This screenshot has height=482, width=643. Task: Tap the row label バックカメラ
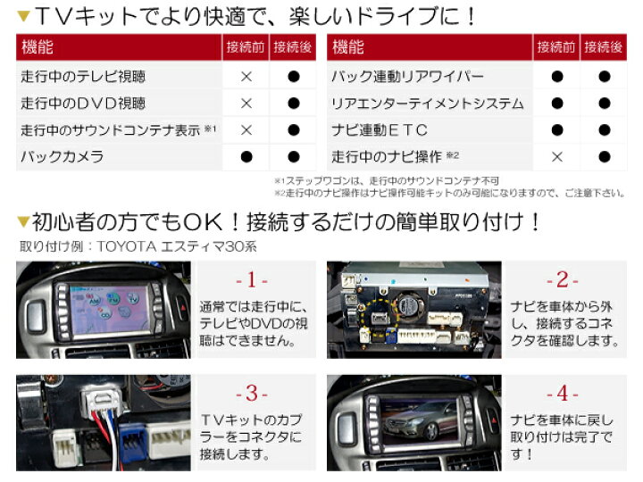coord(63,156)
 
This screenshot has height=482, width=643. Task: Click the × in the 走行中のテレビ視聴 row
coord(246,77)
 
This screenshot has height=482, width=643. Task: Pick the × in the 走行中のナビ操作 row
coord(557,156)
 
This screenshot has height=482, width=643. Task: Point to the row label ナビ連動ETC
coord(379,130)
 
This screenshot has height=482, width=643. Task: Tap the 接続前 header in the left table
coord(246,47)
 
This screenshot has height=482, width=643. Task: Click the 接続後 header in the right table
coord(603,47)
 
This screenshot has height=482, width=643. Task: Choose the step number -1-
coord(251,280)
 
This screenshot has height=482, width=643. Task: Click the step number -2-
coord(562,280)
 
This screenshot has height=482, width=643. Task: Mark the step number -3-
coord(251,394)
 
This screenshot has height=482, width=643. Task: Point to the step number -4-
coord(562,394)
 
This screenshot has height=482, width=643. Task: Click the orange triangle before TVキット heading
coord(24,15)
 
